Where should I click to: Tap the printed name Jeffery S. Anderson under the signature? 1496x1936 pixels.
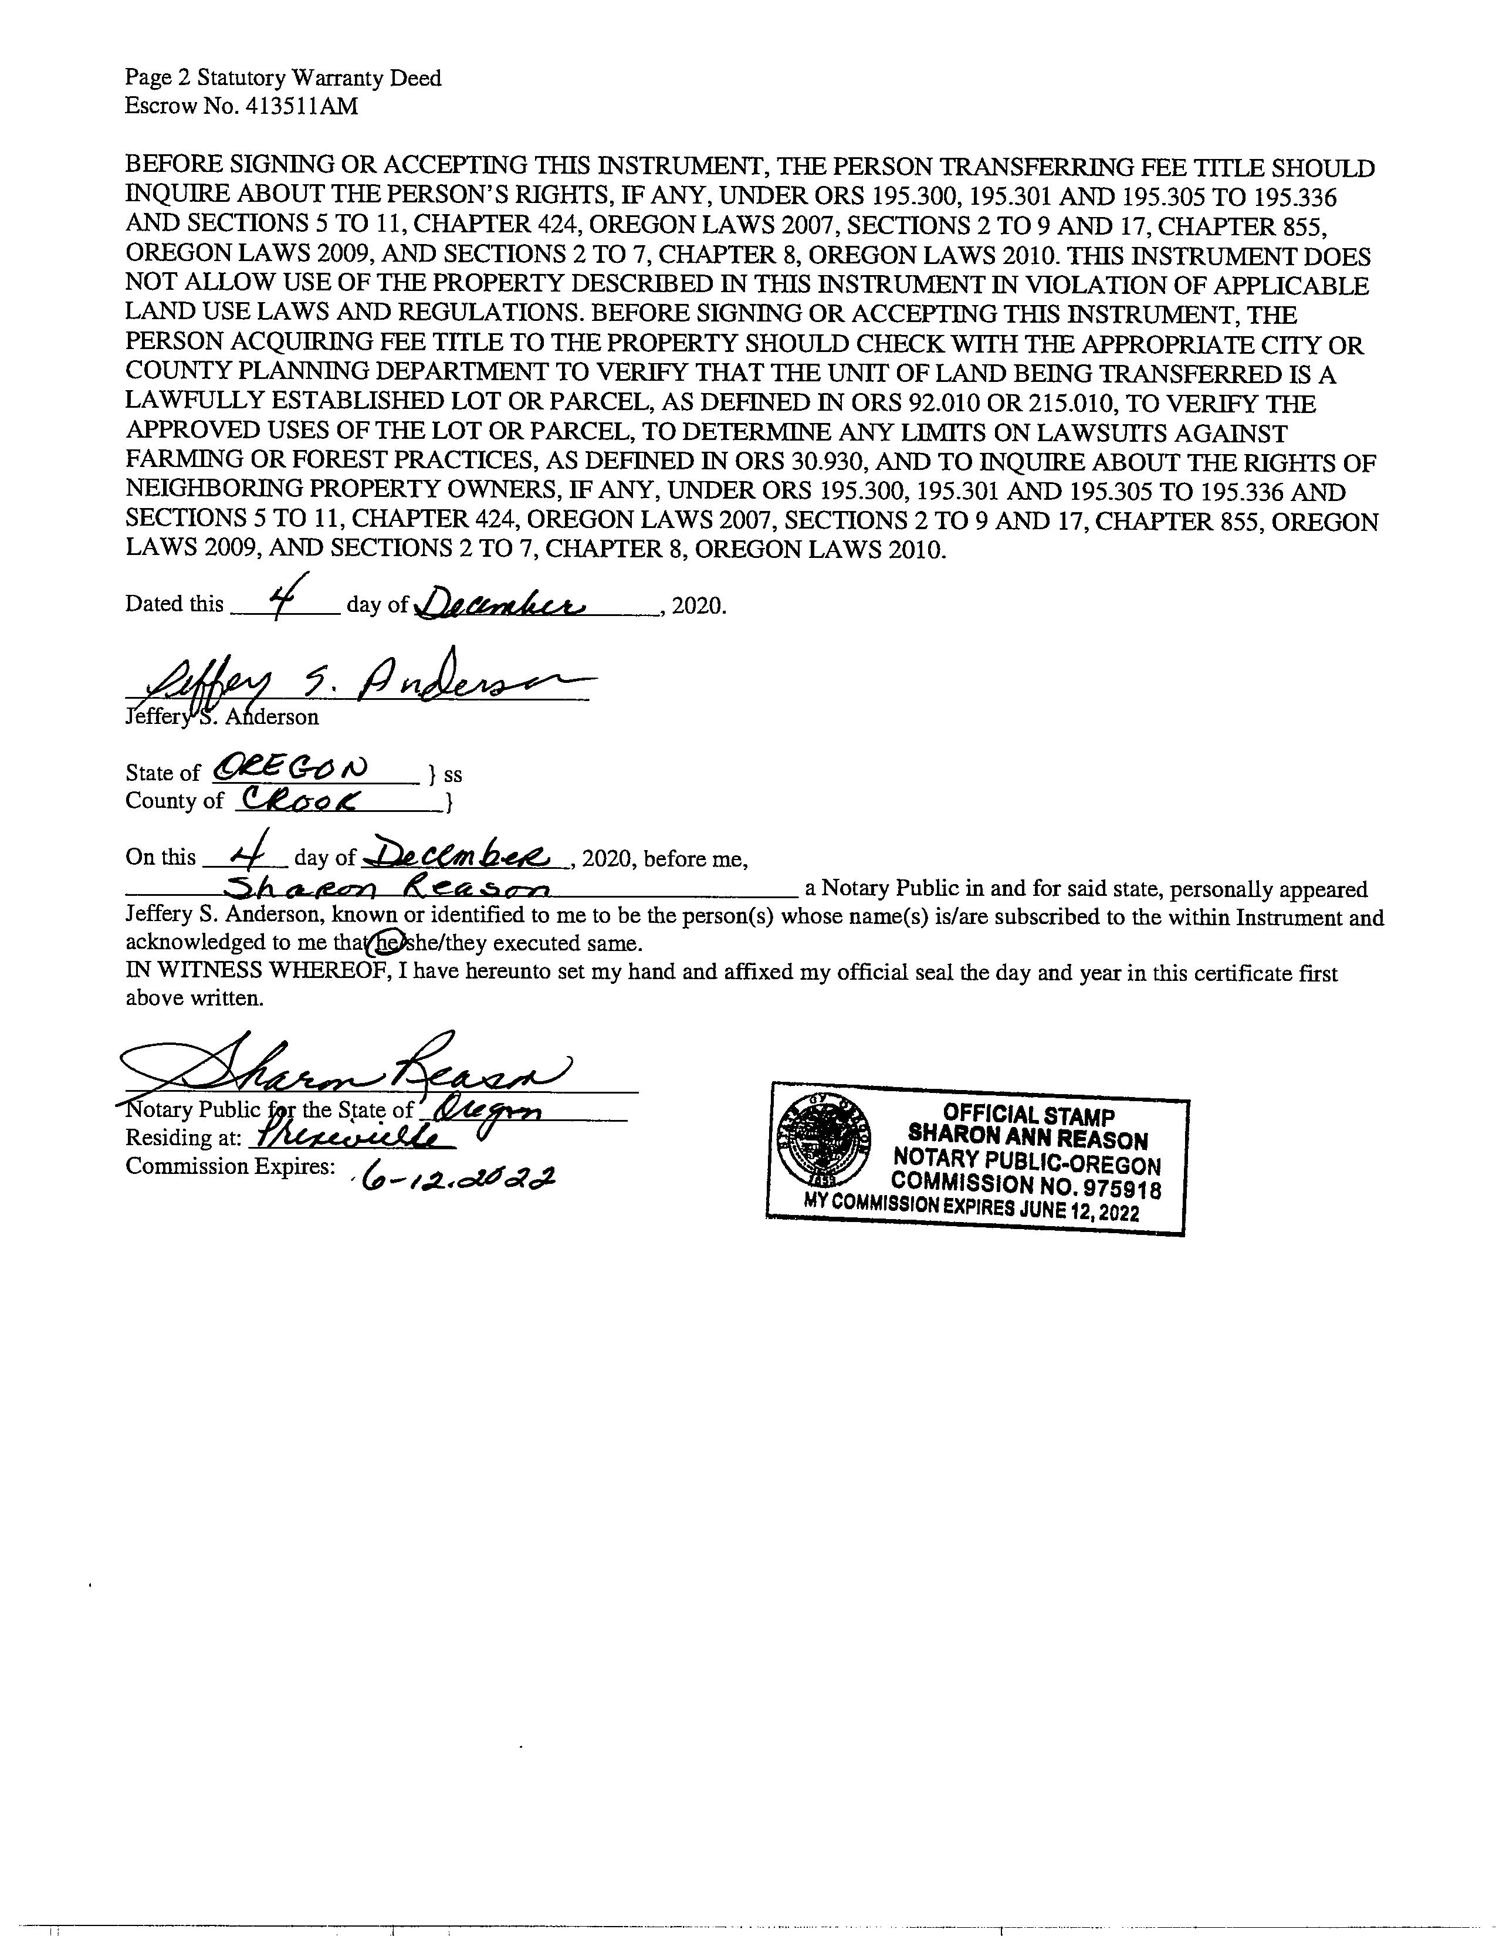click(x=222, y=717)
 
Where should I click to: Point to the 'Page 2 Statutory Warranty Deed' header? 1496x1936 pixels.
click(x=283, y=79)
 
